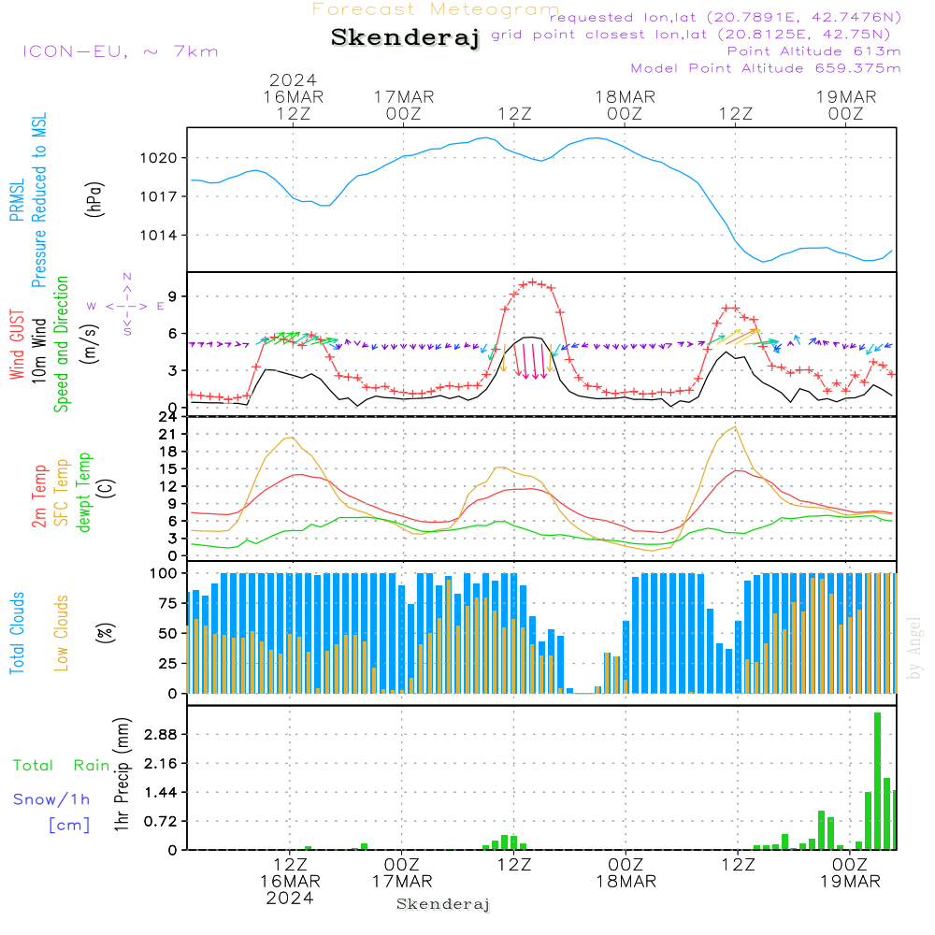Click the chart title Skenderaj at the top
click(405, 38)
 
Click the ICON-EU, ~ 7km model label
click(120, 51)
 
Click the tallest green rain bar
click(878, 781)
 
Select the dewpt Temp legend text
click(84, 493)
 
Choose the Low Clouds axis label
click(63, 633)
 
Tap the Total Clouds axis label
click(18, 633)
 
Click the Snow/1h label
click(52, 799)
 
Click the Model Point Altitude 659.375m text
click(766, 68)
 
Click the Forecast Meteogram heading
click(436, 9)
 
